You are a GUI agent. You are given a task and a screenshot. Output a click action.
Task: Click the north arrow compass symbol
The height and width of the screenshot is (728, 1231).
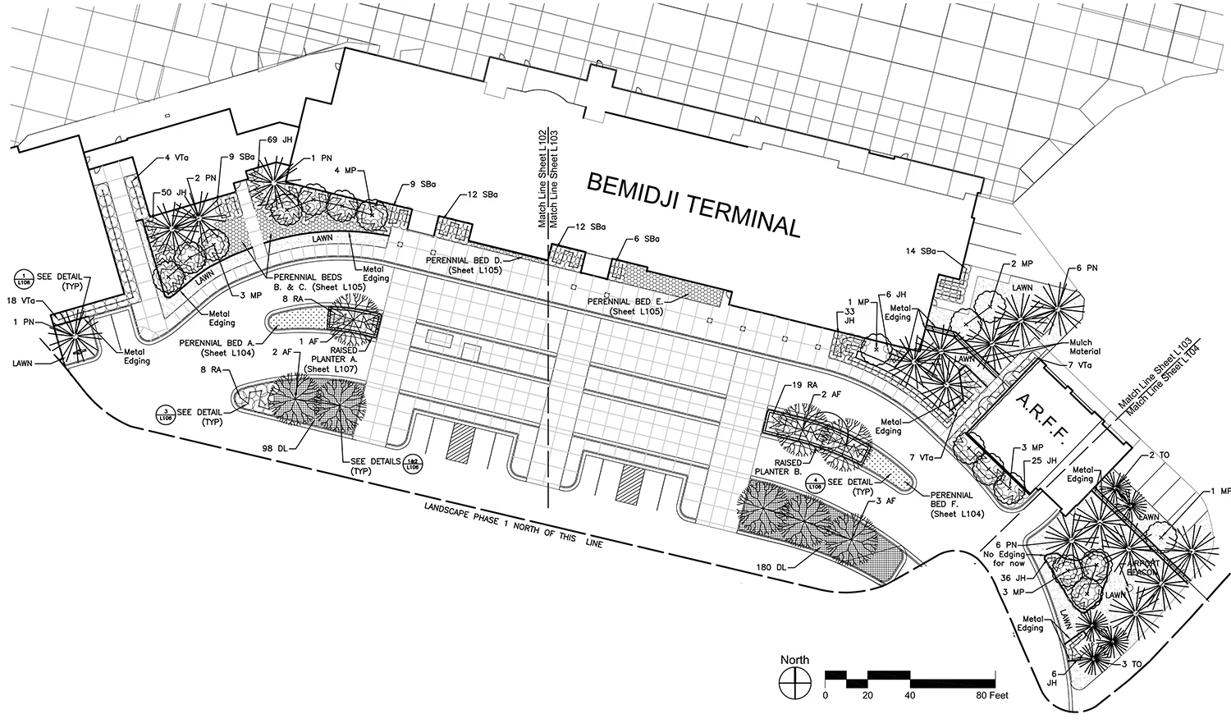(x=794, y=680)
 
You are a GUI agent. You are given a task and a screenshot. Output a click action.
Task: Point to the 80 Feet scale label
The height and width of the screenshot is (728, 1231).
(x=991, y=695)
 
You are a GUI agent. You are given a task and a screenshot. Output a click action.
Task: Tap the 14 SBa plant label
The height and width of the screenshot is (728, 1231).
(x=923, y=250)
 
